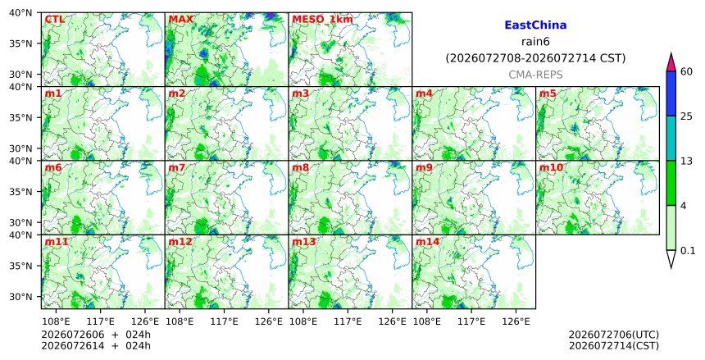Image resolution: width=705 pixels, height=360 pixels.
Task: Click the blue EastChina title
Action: click(535, 25)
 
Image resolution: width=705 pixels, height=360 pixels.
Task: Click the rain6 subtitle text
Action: click(535, 42)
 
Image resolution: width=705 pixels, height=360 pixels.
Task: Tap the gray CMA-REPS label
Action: click(535, 75)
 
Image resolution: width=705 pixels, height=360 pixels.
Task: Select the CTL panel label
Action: click(54, 20)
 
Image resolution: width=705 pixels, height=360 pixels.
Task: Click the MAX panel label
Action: click(180, 20)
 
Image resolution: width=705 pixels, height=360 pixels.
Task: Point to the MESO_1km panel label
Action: click(322, 20)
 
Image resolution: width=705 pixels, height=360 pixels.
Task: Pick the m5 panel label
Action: click(548, 93)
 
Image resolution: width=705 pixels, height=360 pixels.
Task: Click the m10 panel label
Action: click(551, 168)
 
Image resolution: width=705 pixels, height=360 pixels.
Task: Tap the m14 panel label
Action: click(427, 242)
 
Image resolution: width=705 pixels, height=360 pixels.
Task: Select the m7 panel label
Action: click(177, 168)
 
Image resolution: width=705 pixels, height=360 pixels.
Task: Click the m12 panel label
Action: click(180, 242)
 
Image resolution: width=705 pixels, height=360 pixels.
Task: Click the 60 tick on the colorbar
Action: click(686, 71)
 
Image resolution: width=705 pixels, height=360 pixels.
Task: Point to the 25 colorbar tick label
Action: click(686, 116)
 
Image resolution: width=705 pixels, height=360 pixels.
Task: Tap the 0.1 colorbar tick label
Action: click(688, 251)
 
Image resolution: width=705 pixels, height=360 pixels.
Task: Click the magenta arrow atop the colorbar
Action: click(671, 62)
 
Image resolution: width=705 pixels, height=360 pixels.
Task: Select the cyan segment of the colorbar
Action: click(671, 138)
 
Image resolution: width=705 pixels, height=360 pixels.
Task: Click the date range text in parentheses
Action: click(535, 58)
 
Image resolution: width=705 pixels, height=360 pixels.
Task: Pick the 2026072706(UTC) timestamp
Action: click(614, 335)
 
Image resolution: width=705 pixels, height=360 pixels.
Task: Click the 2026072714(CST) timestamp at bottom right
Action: click(614, 345)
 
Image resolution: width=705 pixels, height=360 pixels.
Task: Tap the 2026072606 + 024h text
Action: click(96, 335)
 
